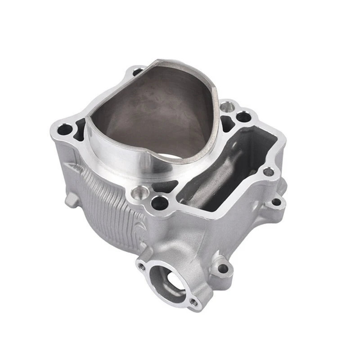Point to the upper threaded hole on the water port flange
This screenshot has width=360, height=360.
coord(142,266)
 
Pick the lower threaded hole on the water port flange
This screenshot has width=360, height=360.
coord(193,302)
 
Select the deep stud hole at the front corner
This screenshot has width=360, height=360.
coord(160,203)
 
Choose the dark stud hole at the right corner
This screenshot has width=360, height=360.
coord(243,117)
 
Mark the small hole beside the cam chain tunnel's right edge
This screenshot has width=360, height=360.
coord(268,171)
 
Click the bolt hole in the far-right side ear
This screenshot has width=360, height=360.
coord(276,202)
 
